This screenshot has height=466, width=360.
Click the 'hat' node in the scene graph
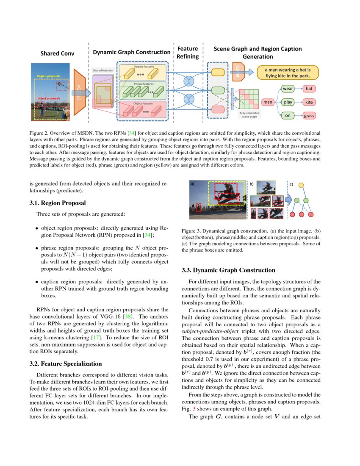click(x=310, y=89)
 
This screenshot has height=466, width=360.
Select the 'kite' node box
click(x=310, y=102)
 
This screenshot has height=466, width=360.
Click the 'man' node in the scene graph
click(x=268, y=102)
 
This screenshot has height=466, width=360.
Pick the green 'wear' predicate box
click(x=288, y=89)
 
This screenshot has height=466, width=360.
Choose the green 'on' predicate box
click(x=288, y=115)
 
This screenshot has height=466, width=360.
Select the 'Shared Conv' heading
click(x=57, y=53)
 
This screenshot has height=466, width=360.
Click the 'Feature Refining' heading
click(x=187, y=53)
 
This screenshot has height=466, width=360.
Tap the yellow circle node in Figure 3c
click(x=301, y=185)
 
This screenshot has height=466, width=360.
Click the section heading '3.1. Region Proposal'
click(x=58, y=203)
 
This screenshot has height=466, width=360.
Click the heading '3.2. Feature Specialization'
click(x=66, y=363)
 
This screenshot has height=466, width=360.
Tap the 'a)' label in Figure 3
click(x=192, y=184)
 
